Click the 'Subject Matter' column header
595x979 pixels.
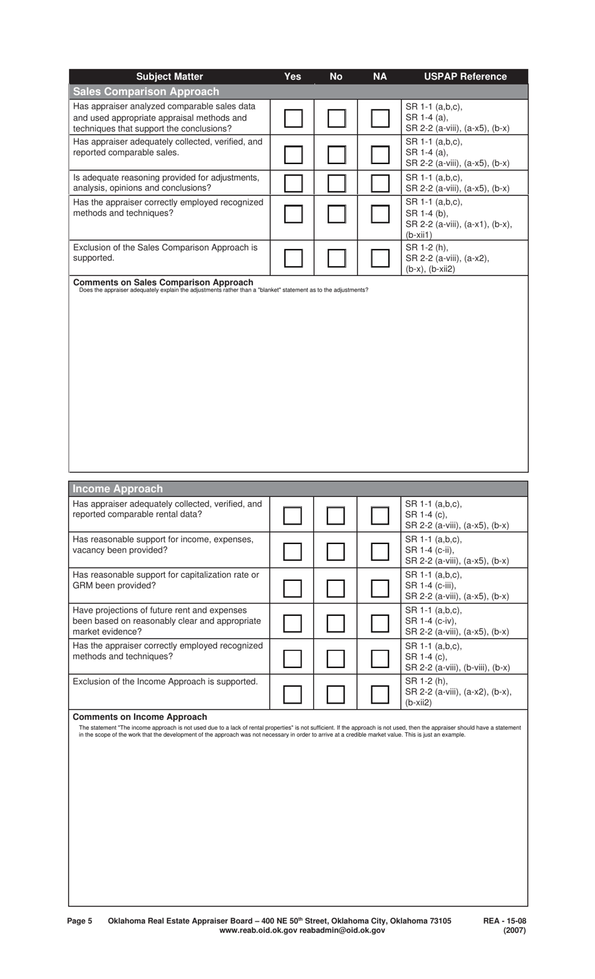pos(169,76)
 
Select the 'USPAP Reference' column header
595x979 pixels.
pos(465,76)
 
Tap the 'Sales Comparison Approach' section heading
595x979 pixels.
pos(146,91)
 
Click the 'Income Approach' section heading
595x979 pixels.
pos(118,489)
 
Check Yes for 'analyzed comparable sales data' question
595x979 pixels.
pos(293,118)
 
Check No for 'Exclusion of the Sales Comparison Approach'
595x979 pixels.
pos(336,258)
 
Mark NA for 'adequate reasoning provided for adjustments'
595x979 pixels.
pos(380,183)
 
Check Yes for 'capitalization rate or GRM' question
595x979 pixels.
pos(292,588)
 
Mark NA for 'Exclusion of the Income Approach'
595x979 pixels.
pos(380,694)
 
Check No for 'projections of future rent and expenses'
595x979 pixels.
pos(336,623)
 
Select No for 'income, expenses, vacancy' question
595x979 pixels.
pos(336,551)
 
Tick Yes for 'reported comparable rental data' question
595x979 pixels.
pos(292,516)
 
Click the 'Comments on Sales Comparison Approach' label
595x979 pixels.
pos(163,282)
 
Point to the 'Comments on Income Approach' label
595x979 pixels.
pos(140,717)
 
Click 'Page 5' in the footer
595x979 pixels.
pos(80,921)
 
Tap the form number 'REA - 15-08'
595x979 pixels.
pos(504,921)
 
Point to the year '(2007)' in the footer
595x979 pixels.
pos(514,930)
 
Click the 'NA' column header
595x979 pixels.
pos(380,76)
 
